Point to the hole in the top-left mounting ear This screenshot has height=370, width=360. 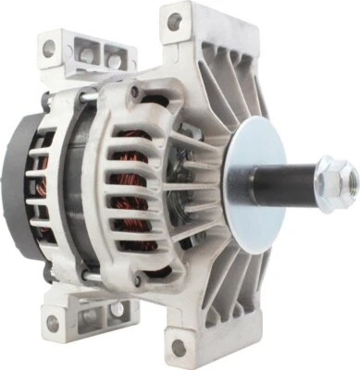coord(48,47)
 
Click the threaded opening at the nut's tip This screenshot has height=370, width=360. coord(345,172)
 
